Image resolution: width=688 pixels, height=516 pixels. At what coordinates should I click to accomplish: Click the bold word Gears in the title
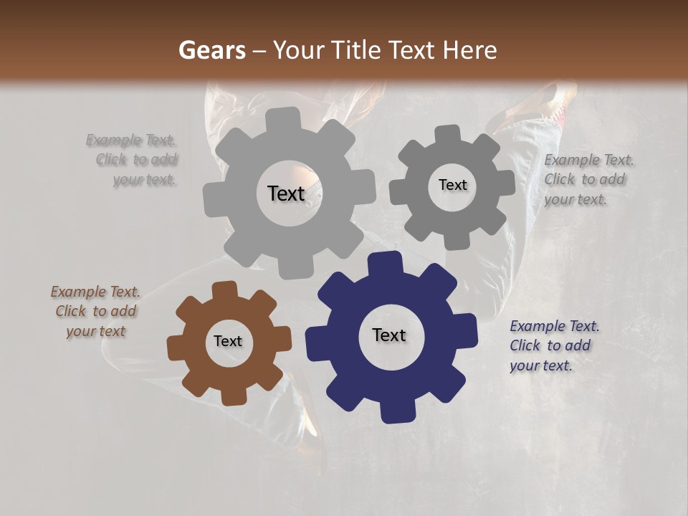[x=211, y=50]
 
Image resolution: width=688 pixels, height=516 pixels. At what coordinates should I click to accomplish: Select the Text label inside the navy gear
[x=389, y=335]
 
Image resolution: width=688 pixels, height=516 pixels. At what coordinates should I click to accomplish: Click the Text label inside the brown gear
[x=228, y=341]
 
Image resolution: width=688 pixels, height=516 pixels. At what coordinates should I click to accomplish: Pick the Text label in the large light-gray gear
[x=286, y=193]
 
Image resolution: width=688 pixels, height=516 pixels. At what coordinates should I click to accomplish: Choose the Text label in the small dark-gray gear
[x=452, y=185]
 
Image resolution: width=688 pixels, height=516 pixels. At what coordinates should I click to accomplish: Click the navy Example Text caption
[x=554, y=345]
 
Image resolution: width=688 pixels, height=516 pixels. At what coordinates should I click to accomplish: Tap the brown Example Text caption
[x=95, y=311]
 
